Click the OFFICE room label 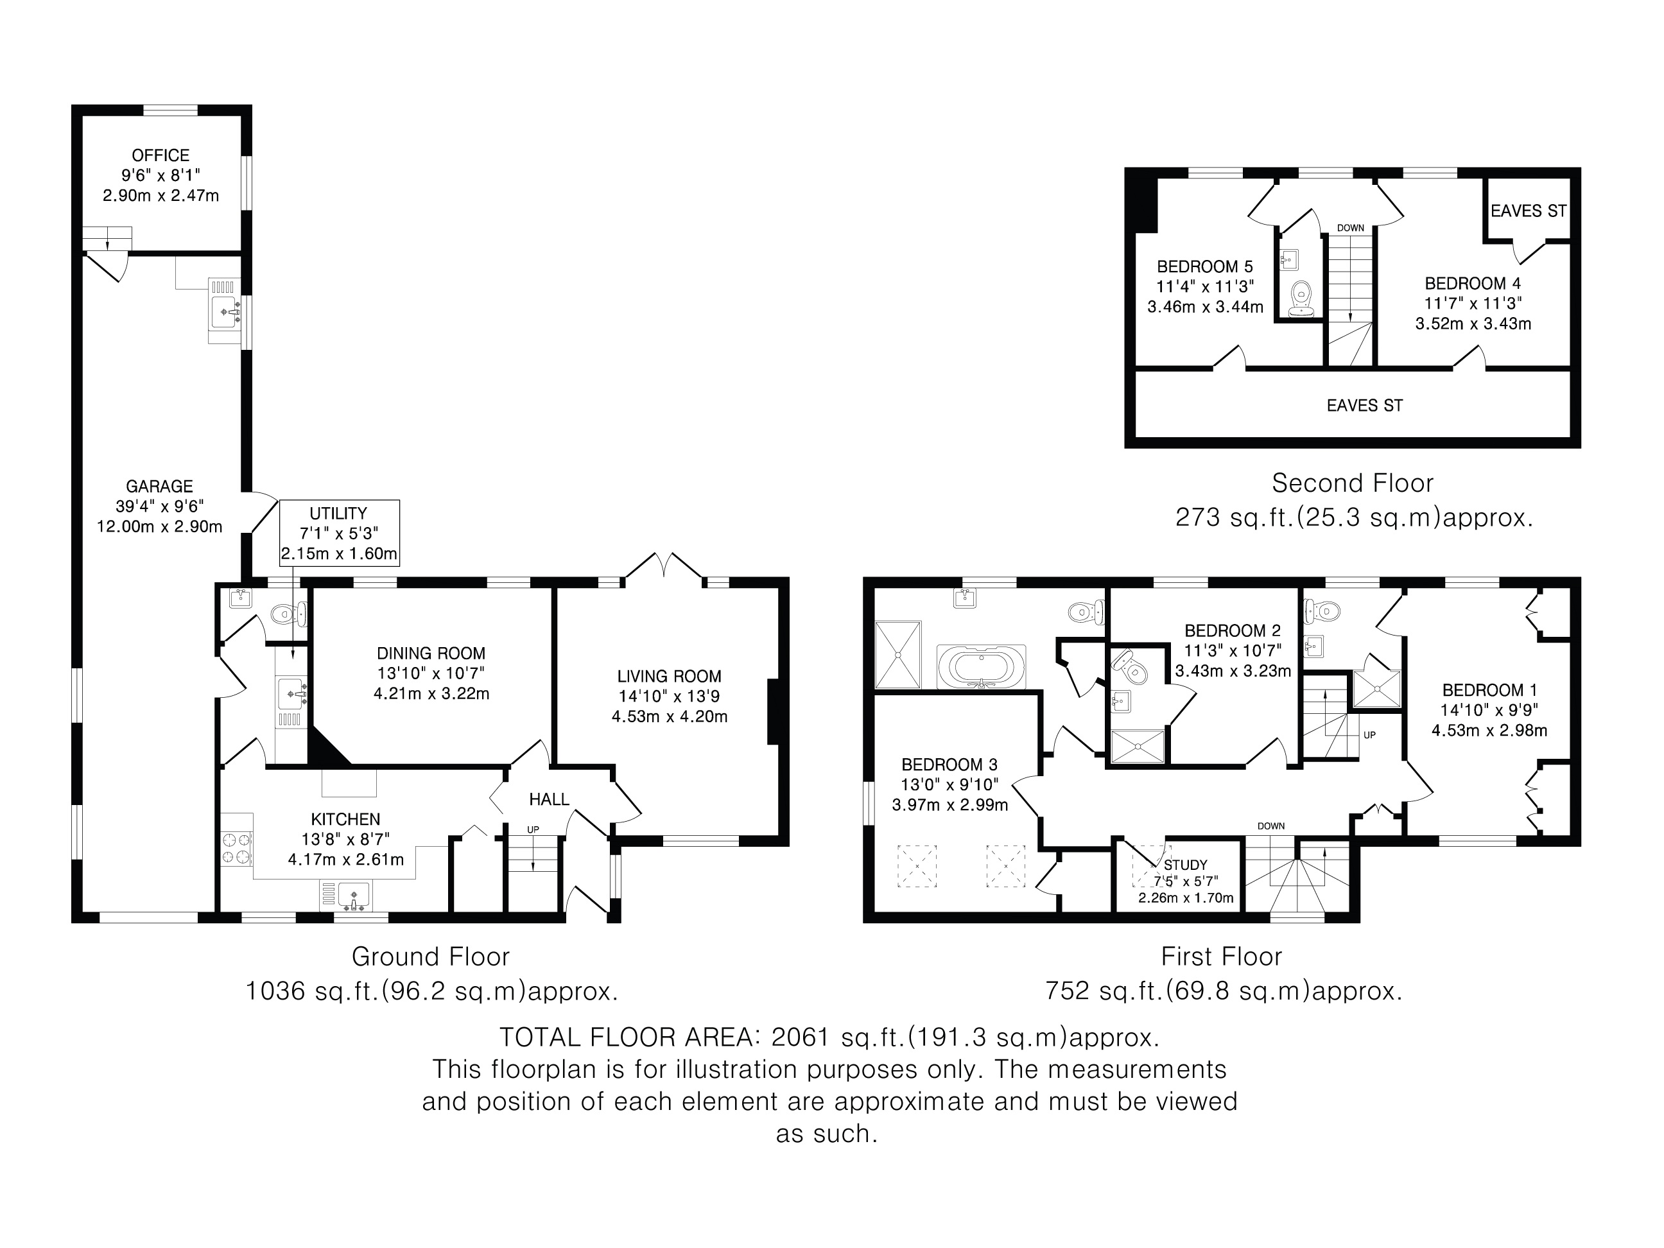coord(160,156)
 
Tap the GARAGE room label coord(159,487)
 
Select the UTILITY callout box coord(338,533)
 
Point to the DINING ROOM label coord(431,654)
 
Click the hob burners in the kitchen coord(236,849)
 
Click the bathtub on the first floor coord(981,667)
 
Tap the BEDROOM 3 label coord(949,765)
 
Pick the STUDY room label coord(1186,866)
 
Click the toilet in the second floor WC coord(1301,299)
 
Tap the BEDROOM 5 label coord(1205,267)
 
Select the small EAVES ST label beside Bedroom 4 coord(1529,211)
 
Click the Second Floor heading coord(1353,483)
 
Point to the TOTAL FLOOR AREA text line coord(829,1038)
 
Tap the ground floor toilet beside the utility coord(289,614)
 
